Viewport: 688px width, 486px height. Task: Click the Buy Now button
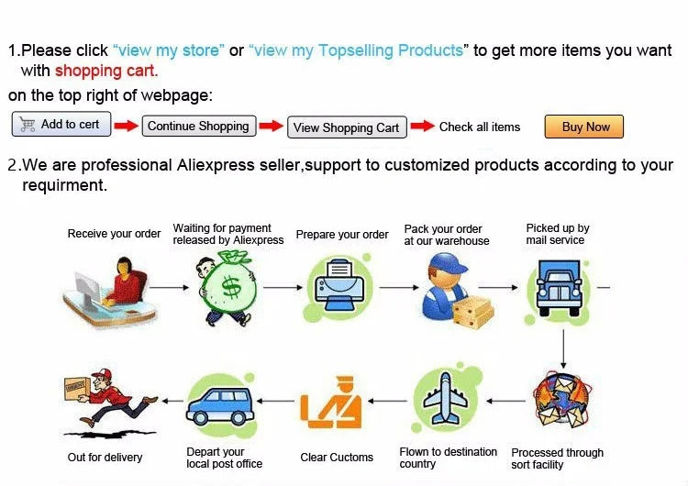pos(583,127)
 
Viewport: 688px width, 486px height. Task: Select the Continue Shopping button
pos(199,126)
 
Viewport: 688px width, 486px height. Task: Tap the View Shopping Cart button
pos(347,127)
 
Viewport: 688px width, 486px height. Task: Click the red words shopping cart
pos(106,71)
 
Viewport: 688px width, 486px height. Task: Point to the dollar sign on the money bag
pos(231,288)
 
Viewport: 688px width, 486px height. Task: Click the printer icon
pos(338,284)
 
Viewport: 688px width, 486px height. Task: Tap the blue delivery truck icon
pos(559,288)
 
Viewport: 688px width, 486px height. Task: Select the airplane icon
pos(445,398)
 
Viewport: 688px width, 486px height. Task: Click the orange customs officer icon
pos(331,403)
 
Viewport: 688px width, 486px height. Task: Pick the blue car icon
pos(220,406)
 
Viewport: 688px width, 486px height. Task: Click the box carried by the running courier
pos(76,388)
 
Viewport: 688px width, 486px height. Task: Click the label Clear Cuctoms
pos(337,457)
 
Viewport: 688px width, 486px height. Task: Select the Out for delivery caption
pos(105,457)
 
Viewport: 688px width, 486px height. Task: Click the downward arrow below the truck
pos(563,349)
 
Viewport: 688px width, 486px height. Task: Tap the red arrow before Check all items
pos(423,126)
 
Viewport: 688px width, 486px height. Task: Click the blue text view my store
pos(169,50)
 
